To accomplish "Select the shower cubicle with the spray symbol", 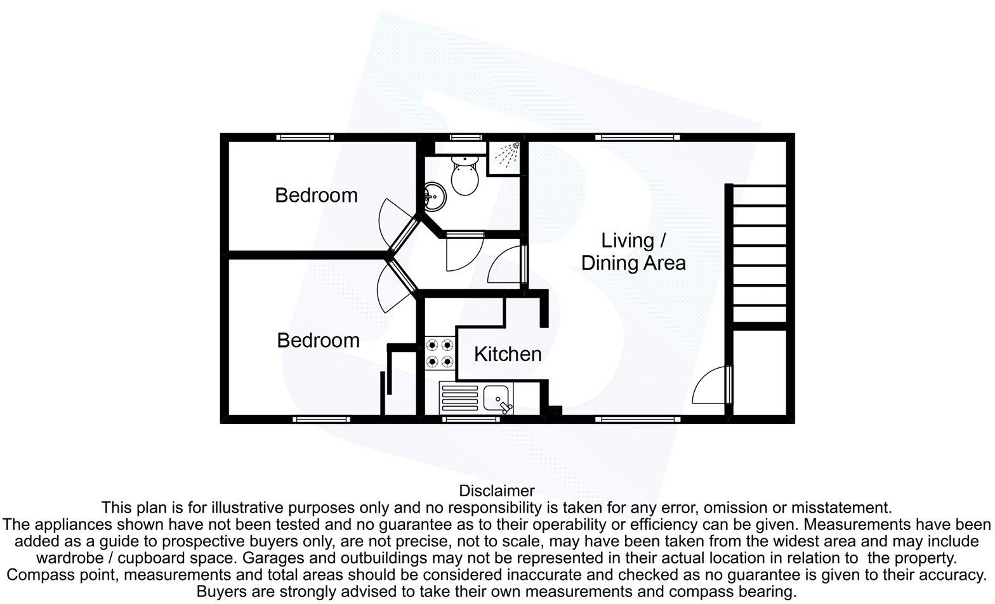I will tap(506, 158).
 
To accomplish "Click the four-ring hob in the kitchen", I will tap(440, 353).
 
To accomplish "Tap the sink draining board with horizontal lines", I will tap(459, 398).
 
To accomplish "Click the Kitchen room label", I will tap(508, 354).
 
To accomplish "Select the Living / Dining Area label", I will tap(633, 251).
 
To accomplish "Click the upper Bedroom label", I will tap(316, 195).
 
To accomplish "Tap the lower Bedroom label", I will tap(318, 340).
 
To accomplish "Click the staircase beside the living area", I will tap(760, 254).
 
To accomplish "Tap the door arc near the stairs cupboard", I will tap(709, 385).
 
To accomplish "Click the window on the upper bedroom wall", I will tap(305, 137).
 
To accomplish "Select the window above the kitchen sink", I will tap(470, 419).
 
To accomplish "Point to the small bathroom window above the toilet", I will tap(465, 137).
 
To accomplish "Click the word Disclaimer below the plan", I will tap(497, 490).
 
